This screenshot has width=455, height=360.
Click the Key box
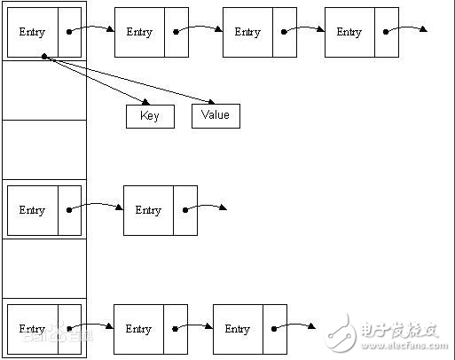pos(150,116)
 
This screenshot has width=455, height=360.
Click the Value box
pos(216,116)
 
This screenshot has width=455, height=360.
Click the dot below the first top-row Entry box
pos(43,58)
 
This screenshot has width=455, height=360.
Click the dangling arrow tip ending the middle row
pos(225,209)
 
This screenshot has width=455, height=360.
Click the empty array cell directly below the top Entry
pos(44,90)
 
